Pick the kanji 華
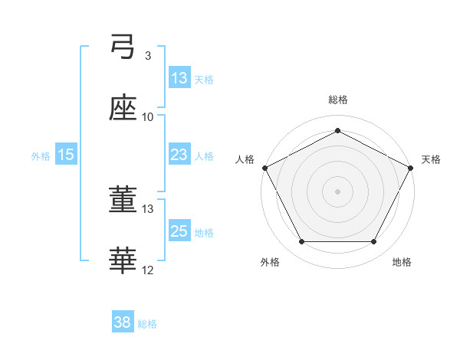123,261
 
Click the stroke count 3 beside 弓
147,56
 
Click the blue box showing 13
179,77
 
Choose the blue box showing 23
179,155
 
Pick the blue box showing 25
179,231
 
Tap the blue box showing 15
66,155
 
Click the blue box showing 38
123,323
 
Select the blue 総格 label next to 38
148,324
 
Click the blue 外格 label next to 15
41,155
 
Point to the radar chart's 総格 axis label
338,100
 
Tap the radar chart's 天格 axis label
432,159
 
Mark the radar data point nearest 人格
264,167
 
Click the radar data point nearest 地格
374,242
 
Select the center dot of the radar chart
338,191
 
